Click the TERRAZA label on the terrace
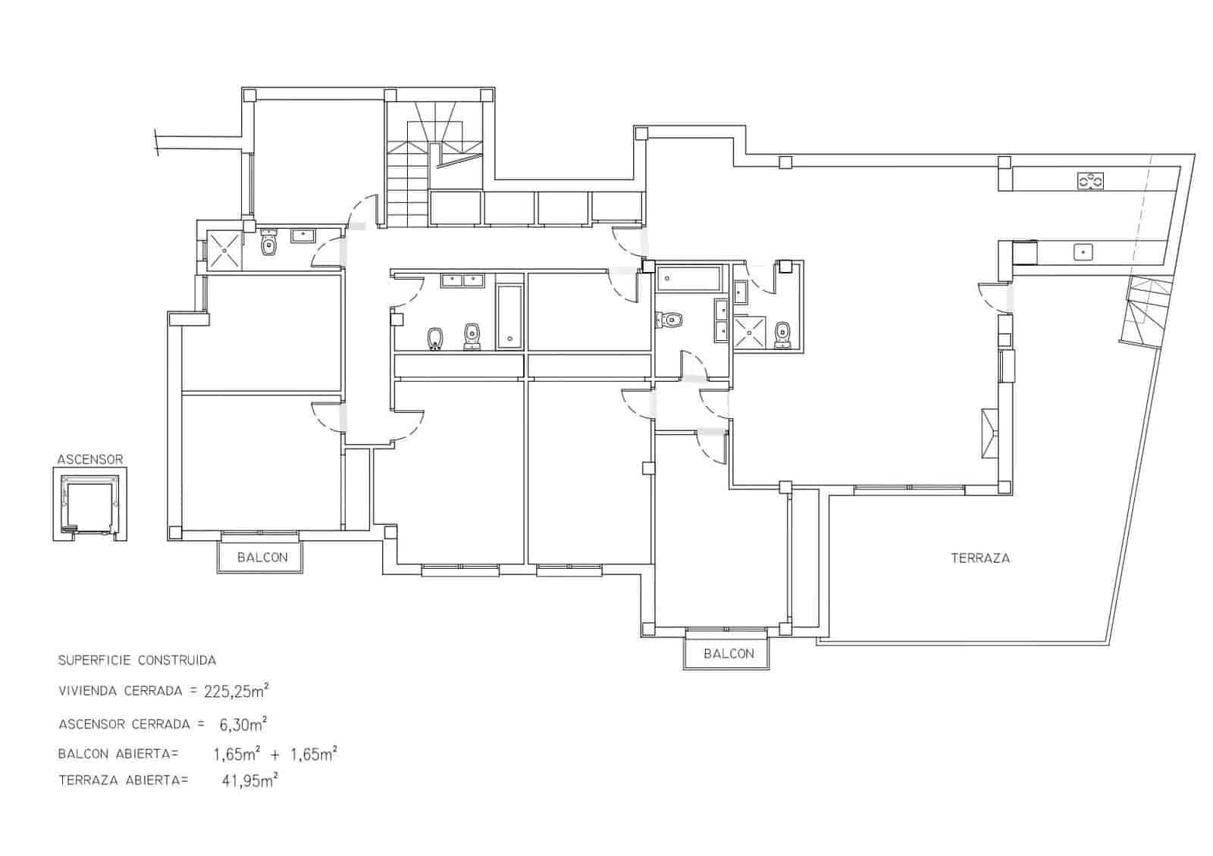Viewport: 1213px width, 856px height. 979,558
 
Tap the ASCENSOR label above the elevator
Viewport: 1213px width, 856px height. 89,459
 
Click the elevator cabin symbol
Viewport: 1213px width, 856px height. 89,503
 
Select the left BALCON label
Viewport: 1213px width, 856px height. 262,558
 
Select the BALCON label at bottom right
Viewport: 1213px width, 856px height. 728,654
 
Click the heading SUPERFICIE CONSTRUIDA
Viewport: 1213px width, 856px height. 136,660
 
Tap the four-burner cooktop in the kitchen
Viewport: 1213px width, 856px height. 1090,181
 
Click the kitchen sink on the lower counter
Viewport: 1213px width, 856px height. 1083,251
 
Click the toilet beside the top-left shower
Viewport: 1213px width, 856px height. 268,245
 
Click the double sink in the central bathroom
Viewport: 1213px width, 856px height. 462,280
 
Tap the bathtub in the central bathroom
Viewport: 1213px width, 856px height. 509,317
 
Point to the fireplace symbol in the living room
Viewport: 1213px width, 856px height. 989,433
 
